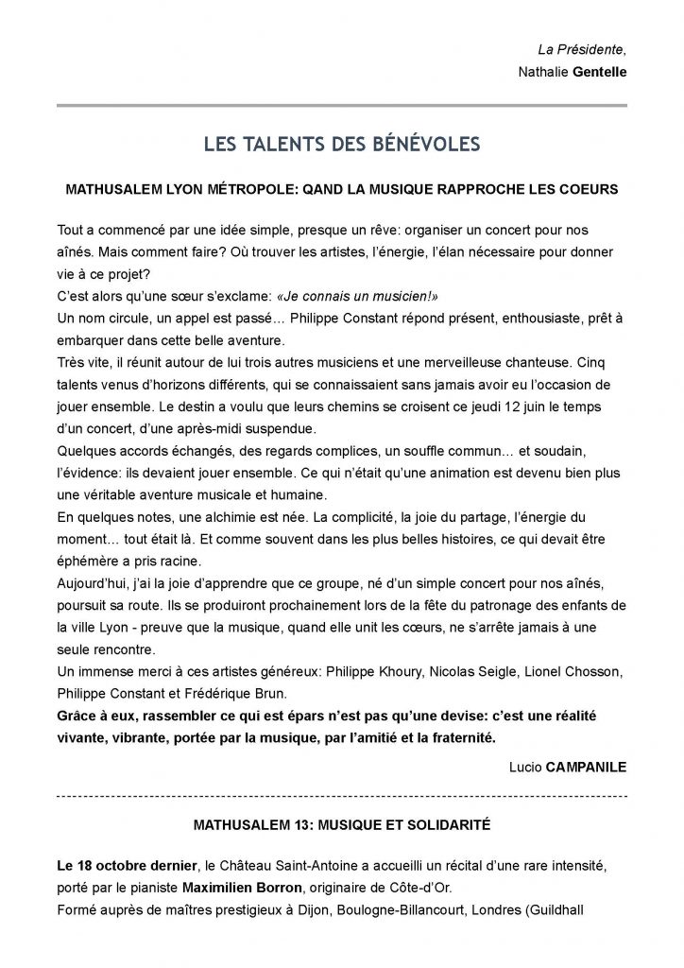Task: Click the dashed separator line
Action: click(x=342, y=797)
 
